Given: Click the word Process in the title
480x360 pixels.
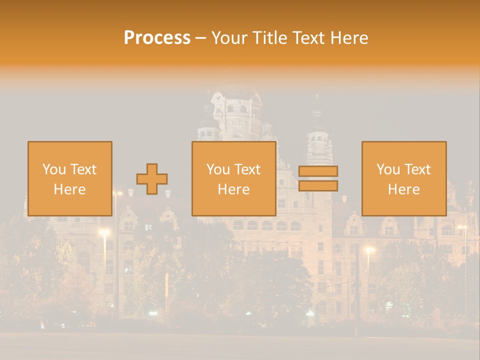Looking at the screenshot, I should [x=157, y=38].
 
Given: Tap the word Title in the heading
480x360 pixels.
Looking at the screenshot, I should [x=270, y=38].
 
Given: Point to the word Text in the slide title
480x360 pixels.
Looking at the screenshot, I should [x=308, y=38].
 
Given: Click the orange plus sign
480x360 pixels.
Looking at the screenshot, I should [x=152, y=179].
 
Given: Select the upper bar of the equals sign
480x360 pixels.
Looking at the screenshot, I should [x=318, y=171].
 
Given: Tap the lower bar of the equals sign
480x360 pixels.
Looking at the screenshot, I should [x=318, y=186].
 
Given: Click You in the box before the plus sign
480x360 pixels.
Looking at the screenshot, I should [x=54, y=169].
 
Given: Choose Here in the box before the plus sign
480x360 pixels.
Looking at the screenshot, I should [x=69, y=189].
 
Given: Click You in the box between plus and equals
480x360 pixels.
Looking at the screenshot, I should [x=218, y=169].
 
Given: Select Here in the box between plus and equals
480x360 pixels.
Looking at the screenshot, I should [x=233, y=189].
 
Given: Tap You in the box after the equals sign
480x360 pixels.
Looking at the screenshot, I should [x=388, y=169].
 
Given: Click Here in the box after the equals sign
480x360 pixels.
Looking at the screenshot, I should [x=403, y=189].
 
